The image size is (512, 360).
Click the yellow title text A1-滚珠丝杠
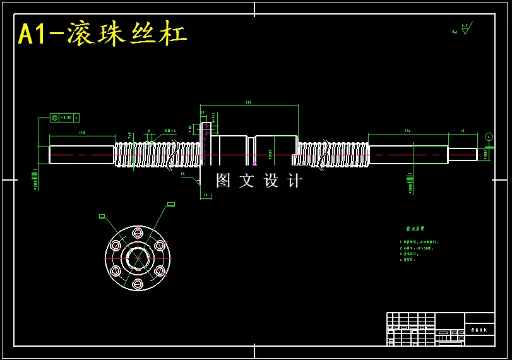click(102, 34)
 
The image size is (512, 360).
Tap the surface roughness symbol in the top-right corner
click(465, 29)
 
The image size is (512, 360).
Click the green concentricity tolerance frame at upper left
click(64, 117)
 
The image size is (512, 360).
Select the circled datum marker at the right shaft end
click(489, 136)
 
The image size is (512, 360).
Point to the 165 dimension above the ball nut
click(248, 102)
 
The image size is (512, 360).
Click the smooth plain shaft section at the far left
click(81, 155)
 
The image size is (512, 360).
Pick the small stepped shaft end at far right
click(463, 154)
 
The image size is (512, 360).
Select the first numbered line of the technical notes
click(419, 242)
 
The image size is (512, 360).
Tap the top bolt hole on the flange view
click(138, 233)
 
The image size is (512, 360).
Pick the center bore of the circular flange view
click(138, 258)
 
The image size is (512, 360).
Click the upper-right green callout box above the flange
click(170, 204)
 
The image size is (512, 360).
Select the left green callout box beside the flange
click(102, 216)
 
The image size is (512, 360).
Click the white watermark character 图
click(223, 181)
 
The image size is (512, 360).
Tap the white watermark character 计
click(294, 181)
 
